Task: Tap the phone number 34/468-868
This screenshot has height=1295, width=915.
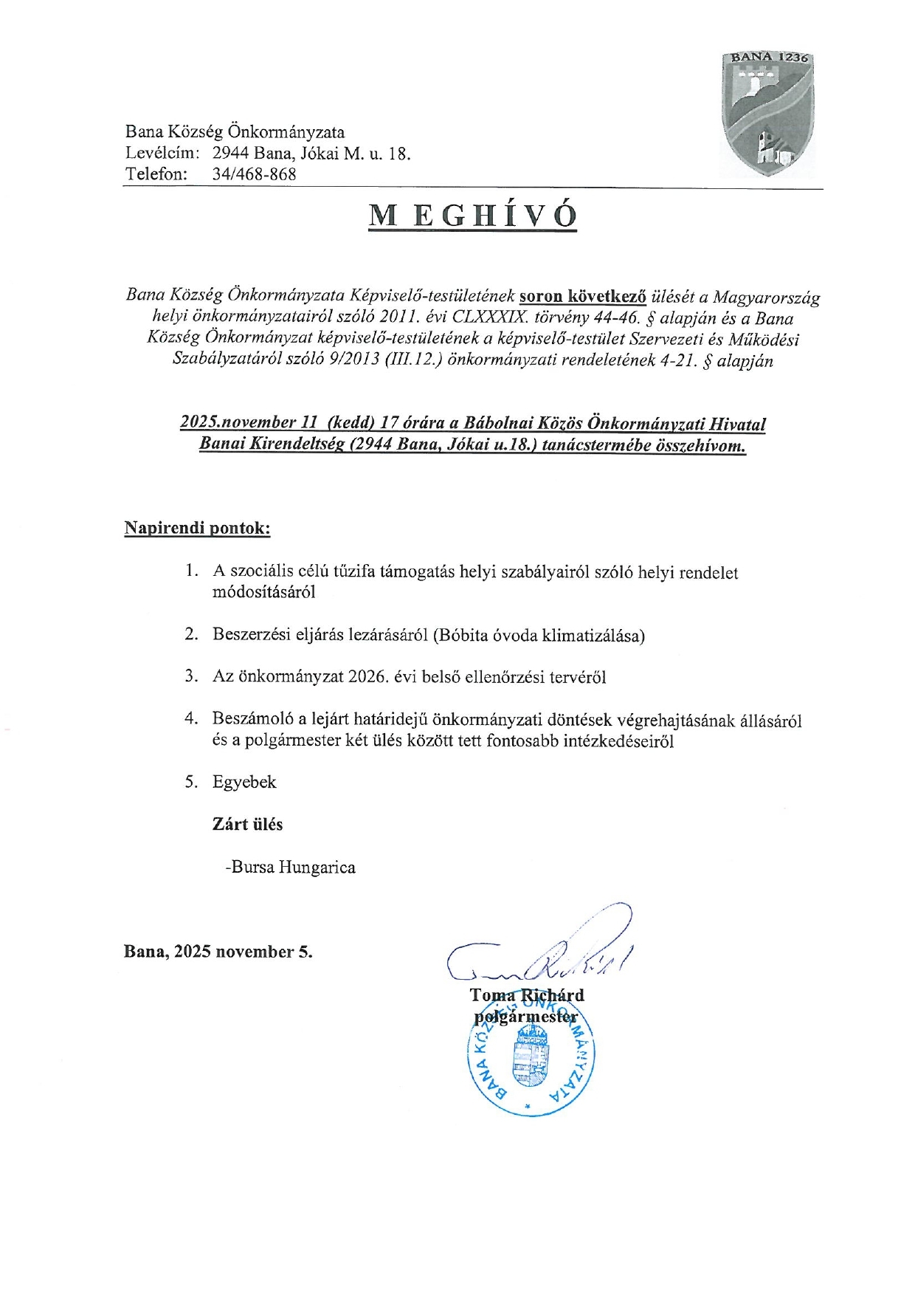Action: (x=254, y=174)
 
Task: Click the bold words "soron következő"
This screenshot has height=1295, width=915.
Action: (x=582, y=297)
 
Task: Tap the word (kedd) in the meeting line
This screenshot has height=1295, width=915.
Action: (x=351, y=422)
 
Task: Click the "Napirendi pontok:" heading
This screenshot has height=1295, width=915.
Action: (x=197, y=529)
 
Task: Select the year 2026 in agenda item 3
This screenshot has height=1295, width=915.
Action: (x=368, y=677)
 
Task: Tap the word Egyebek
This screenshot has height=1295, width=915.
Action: (x=244, y=782)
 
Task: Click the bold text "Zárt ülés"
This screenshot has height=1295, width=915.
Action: (x=247, y=824)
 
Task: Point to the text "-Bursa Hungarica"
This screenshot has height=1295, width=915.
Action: (x=291, y=867)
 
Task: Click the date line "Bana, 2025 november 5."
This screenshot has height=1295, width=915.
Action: (x=218, y=952)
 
